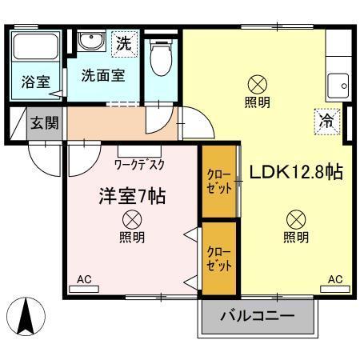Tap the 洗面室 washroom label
point(102,76)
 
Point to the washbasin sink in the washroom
point(90,41)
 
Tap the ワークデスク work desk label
point(140,164)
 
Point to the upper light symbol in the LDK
point(257,82)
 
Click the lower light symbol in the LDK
point(295,217)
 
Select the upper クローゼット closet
point(218,182)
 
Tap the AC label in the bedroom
point(85,280)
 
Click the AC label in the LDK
point(335,280)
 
